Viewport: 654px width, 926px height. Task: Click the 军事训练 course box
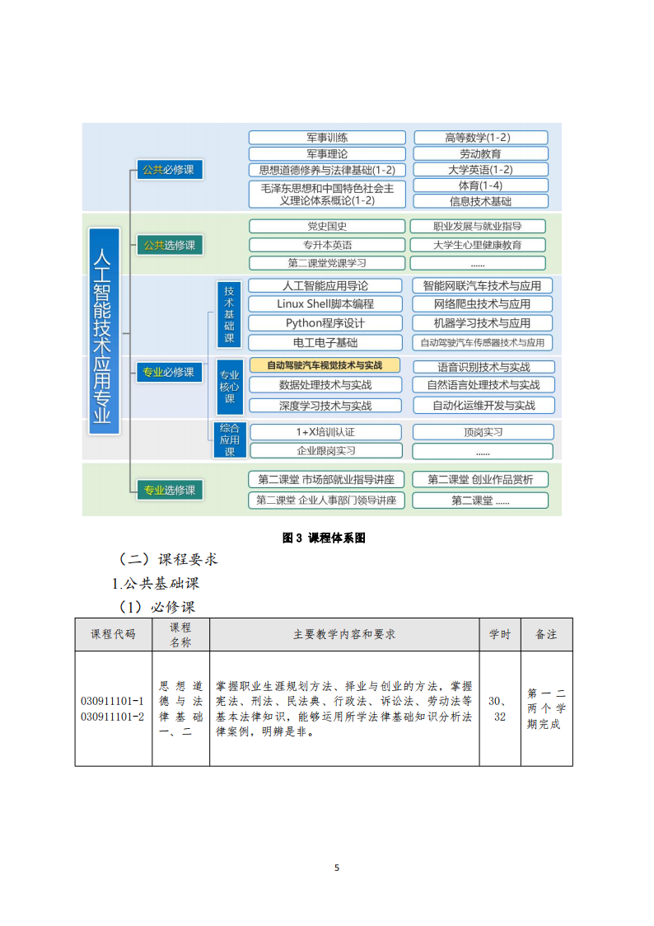tap(327, 138)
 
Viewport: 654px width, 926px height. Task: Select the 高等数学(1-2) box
tap(481, 138)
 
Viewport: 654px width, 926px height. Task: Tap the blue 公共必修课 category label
tap(169, 170)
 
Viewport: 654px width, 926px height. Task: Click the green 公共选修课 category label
tap(170, 245)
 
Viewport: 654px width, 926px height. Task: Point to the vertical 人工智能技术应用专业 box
tap(104, 331)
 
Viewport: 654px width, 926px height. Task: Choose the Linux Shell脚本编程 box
tap(325, 304)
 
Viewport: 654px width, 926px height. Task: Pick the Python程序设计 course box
tap(325, 323)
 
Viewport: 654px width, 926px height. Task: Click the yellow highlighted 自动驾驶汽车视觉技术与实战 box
tap(325, 365)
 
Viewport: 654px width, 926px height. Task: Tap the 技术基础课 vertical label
tap(230, 314)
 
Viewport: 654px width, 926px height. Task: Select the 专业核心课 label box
tap(230, 387)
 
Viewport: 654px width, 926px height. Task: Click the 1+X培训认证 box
tap(325, 432)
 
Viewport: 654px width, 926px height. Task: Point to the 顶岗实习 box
tap(483, 432)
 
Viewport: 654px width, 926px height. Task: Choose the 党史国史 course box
tap(327, 226)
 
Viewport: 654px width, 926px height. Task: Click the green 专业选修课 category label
tap(170, 490)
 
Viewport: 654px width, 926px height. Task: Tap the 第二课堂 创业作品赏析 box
tap(481, 480)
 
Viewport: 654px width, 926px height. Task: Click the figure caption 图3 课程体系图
tap(324, 538)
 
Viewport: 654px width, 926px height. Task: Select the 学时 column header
tap(500, 634)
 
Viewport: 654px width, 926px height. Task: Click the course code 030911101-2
tap(113, 717)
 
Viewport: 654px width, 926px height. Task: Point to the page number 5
tap(337, 867)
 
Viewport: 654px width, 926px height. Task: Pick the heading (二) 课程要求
tap(168, 559)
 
